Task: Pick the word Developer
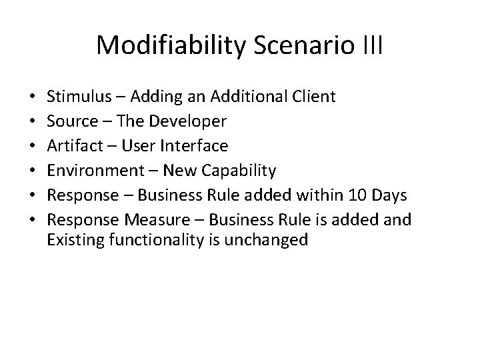[191, 122]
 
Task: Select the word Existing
[72, 240]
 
